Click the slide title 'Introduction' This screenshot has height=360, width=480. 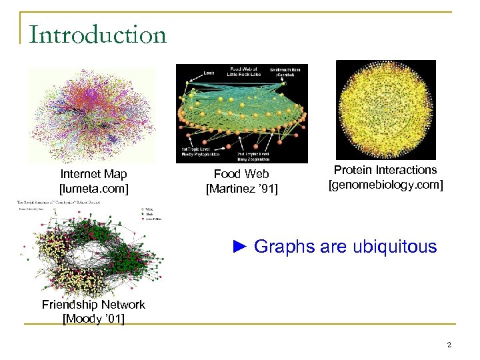click(x=97, y=35)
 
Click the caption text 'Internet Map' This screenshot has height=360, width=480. click(x=93, y=174)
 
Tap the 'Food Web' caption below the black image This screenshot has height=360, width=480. click(x=241, y=175)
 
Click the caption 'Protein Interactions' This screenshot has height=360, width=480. click(x=385, y=170)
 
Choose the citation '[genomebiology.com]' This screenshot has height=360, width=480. click(x=385, y=184)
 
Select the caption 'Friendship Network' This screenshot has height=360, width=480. click(x=93, y=305)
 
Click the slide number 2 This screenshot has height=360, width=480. click(x=449, y=345)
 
